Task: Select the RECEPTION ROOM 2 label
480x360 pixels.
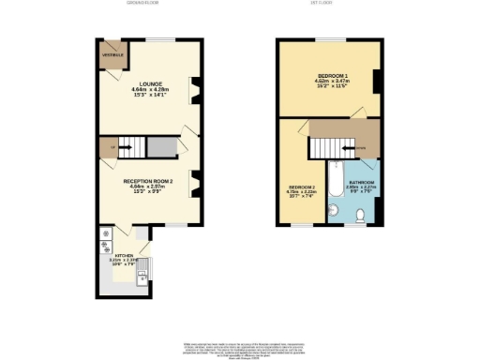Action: (x=146, y=182)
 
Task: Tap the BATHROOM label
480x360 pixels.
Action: (x=363, y=182)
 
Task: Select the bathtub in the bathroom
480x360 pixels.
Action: (x=333, y=190)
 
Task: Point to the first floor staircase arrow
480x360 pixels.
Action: (x=349, y=147)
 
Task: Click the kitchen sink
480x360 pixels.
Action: (x=142, y=275)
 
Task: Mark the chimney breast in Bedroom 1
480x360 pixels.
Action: (x=375, y=82)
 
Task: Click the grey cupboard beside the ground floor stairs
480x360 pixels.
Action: (x=161, y=147)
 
